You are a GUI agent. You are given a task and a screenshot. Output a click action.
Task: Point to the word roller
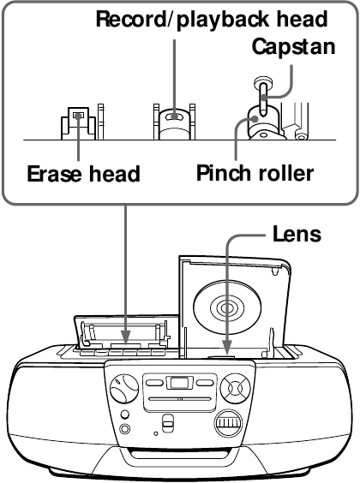click(285, 174)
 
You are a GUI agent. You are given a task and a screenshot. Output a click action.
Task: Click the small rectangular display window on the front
click(179, 383)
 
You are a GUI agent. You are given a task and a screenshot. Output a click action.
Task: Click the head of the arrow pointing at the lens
click(227, 349)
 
